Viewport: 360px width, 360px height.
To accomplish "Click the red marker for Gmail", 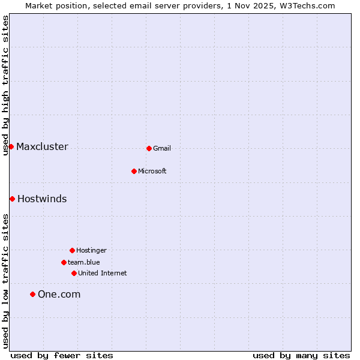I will click(149, 148).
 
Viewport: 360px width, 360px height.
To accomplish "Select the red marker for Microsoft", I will click(134, 171).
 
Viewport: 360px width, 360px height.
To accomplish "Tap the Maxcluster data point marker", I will click(11, 146).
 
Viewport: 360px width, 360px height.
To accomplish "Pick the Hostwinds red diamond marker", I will click(12, 199).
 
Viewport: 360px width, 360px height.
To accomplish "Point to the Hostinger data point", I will click(72, 250).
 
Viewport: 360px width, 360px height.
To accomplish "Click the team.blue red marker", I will click(64, 262).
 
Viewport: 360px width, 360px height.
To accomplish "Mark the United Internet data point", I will click(74, 273).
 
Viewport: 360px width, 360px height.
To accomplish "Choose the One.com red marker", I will click(32, 294).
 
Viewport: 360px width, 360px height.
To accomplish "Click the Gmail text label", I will click(162, 148).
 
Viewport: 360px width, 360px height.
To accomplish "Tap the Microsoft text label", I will click(152, 171).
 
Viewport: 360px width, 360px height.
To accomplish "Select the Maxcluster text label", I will click(42, 146).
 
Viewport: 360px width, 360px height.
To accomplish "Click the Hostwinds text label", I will click(42, 199).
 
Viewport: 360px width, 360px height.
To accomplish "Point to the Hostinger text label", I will click(91, 250).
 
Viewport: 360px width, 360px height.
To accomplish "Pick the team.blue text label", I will click(84, 262).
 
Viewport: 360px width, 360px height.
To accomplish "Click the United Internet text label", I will click(103, 273).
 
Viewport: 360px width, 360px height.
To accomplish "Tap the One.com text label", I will click(59, 294).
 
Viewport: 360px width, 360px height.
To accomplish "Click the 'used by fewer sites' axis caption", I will click(62, 355).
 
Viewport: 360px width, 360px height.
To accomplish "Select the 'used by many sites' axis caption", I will click(301, 355).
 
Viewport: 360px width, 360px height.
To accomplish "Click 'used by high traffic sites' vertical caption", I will click(5, 85).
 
